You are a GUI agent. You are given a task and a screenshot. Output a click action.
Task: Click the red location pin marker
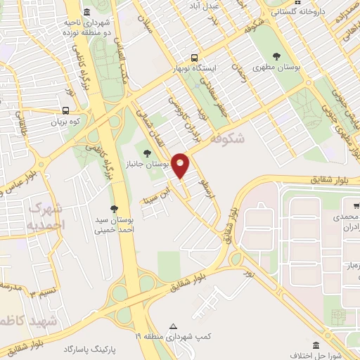point(181,165)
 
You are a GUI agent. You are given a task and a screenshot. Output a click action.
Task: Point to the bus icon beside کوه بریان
point(66,110)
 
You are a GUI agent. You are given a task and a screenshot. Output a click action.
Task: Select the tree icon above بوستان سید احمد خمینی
point(114,208)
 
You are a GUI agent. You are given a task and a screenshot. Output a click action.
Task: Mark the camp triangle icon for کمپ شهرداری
point(173,326)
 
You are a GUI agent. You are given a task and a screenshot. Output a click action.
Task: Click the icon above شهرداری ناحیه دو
point(86,12)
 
